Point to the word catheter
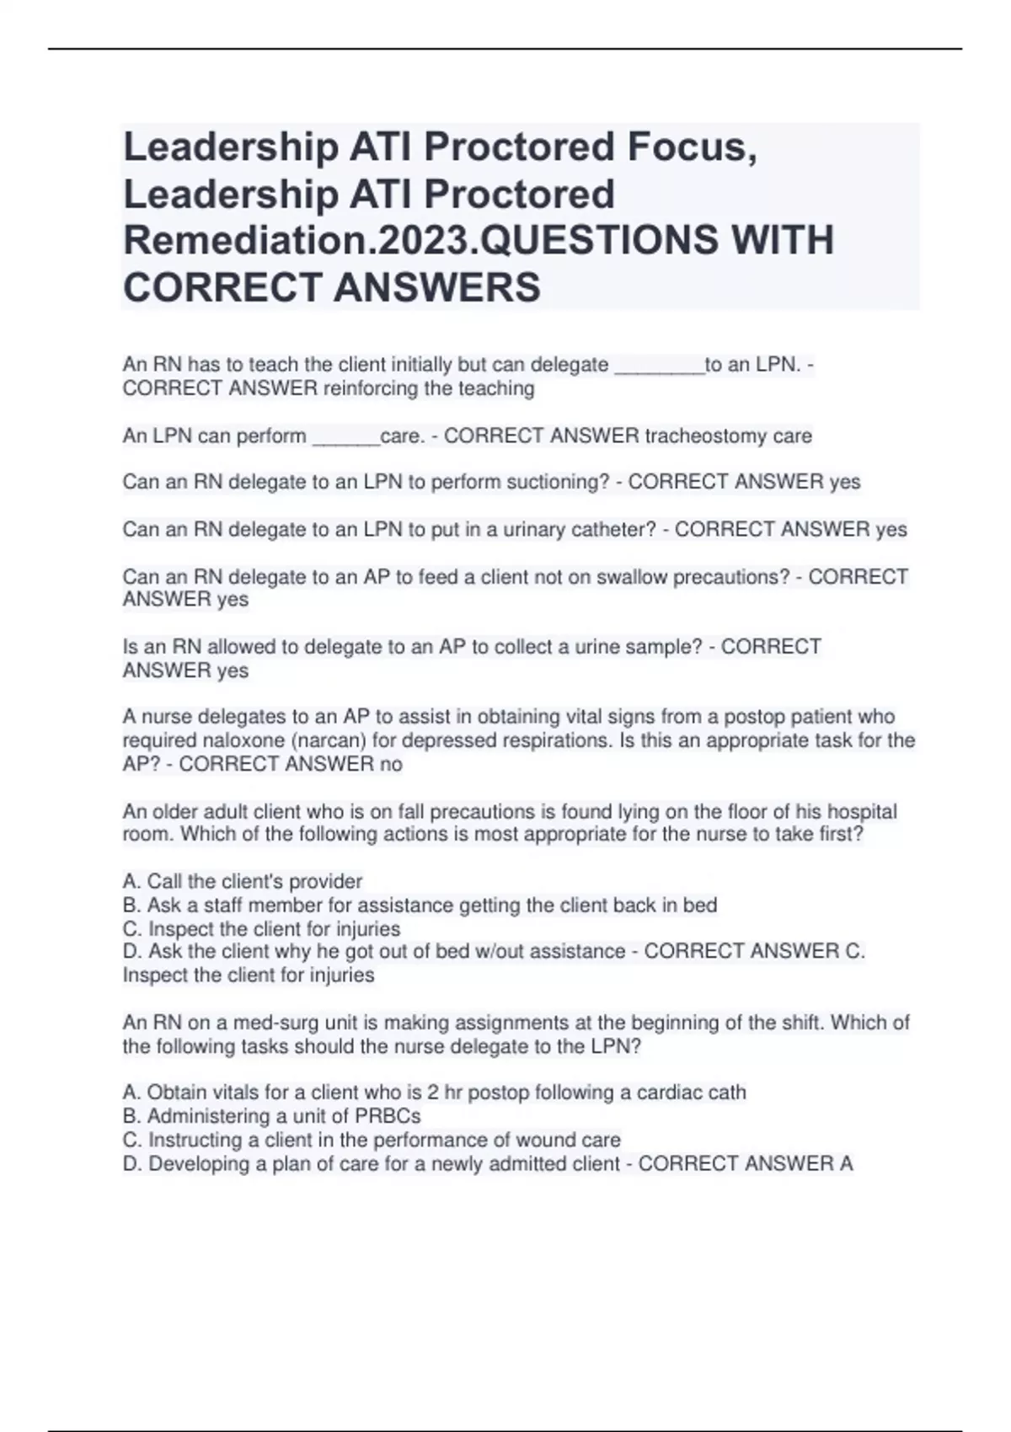point(613,530)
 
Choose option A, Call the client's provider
point(243,882)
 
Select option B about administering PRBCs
point(271,1117)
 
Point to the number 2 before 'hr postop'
point(432,1093)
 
